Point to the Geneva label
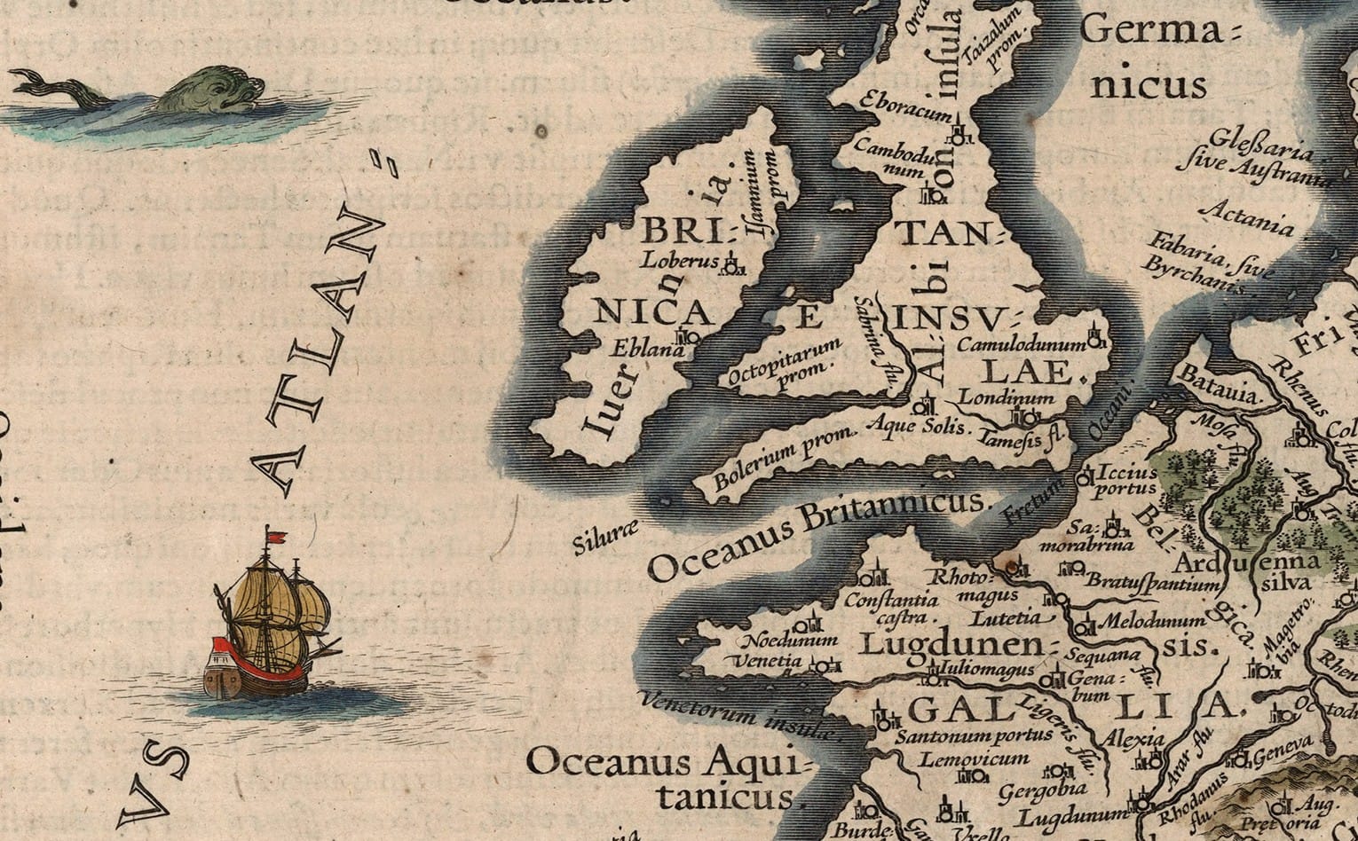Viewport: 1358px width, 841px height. click(x=1282, y=755)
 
